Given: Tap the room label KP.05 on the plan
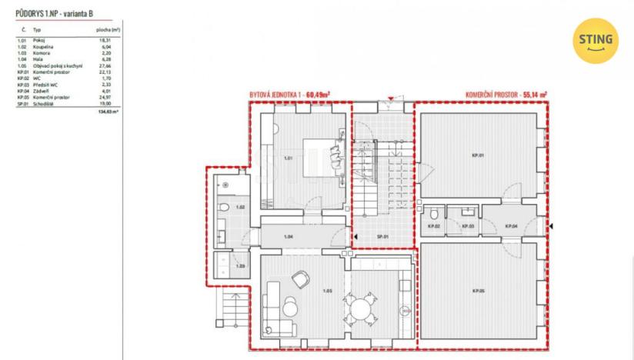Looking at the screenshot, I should pos(478,290).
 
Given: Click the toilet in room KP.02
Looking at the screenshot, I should pos(434,213).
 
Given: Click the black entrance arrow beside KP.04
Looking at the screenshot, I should pos(551,226).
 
